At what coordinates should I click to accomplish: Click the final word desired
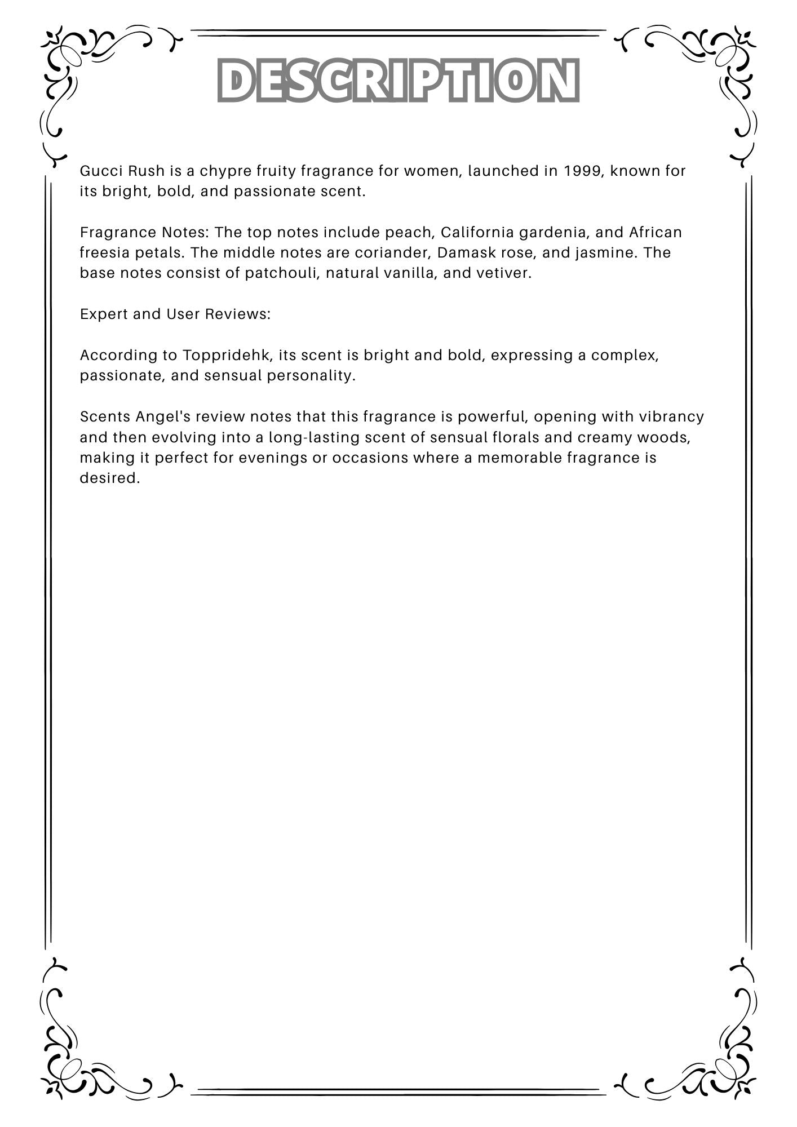click(109, 478)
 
